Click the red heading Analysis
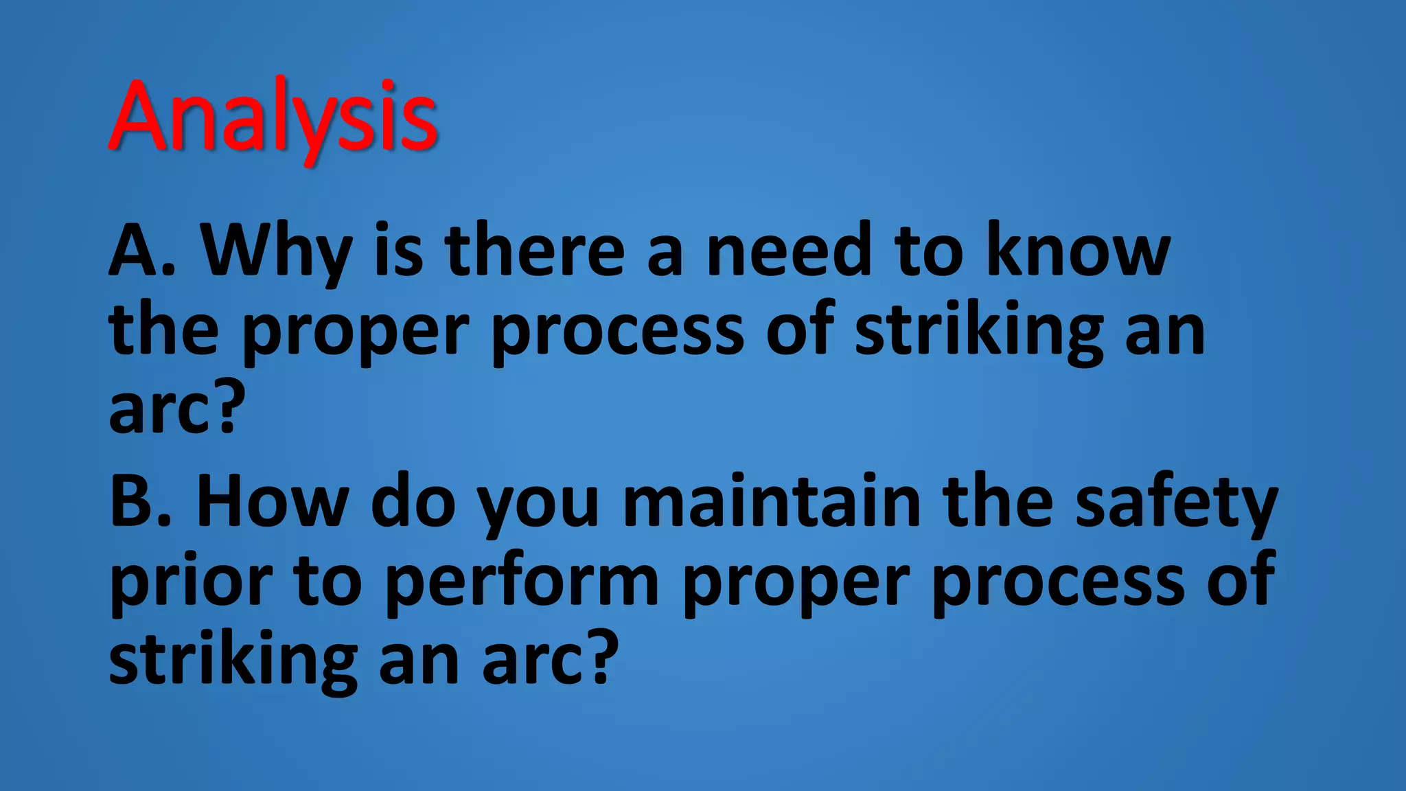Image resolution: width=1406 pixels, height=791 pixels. [273, 117]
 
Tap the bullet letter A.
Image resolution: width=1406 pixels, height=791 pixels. [135, 251]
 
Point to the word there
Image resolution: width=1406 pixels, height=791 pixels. [535, 251]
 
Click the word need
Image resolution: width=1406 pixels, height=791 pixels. [790, 251]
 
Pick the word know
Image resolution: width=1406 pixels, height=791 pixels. [1078, 251]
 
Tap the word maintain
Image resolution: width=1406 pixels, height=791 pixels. [772, 501]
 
